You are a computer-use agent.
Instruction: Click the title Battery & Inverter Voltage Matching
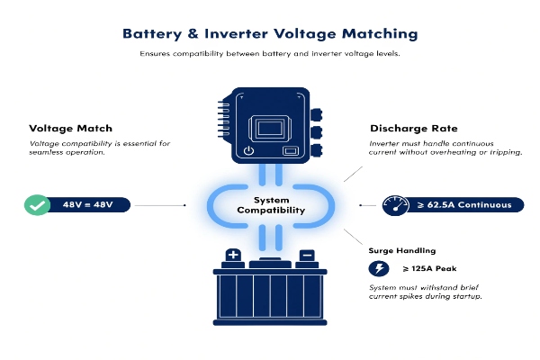tap(270, 33)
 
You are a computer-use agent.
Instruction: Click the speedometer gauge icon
tap(396, 204)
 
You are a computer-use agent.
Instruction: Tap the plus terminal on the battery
tap(232, 255)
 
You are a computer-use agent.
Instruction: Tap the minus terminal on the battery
tap(307, 255)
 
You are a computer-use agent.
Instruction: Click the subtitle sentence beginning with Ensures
tap(270, 54)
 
